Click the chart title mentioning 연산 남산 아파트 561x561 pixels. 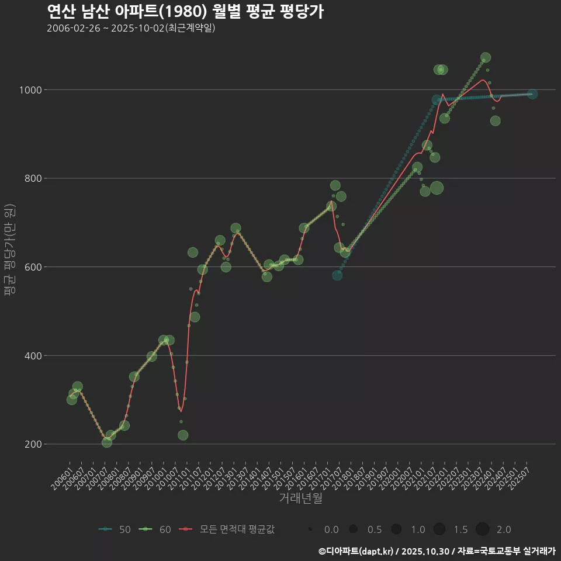pos(185,12)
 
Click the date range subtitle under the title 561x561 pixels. pos(131,28)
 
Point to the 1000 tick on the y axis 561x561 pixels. pos(30,90)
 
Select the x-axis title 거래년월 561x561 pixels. pos(300,498)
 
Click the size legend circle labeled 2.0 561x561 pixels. pos(482,529)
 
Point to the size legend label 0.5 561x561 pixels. pos(374,529)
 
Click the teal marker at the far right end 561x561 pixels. pos(532,94)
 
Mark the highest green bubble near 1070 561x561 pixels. pos(485,58)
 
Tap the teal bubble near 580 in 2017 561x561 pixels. pos(337,275)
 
